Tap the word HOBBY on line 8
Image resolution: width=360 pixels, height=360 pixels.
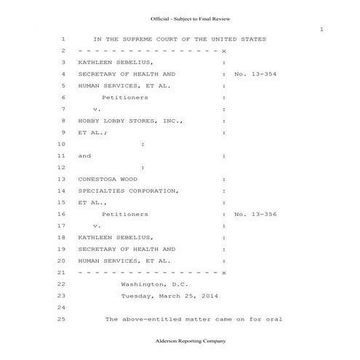pyautogui.click(x=91, y=121)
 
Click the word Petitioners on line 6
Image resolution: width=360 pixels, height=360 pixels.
pyautogui.click(x=125, y=97)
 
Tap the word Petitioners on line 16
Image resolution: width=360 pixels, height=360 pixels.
pyautogui.click(x=125, y=215)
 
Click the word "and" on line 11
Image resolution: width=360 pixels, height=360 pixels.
pyautogui.click(x=85, y=156)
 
